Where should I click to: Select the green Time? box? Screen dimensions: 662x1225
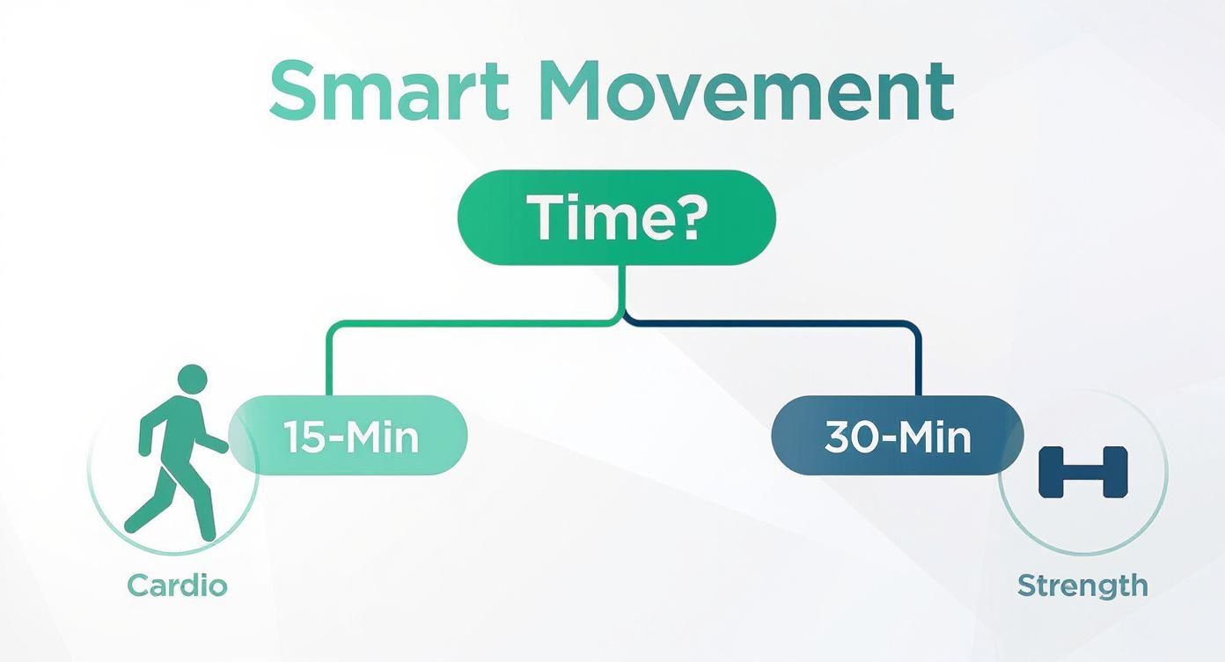point(616,217)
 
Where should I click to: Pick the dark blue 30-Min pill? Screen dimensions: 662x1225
point(897,436)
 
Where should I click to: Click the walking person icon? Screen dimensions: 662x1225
point(176,453)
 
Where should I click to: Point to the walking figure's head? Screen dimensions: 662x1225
point(192,379)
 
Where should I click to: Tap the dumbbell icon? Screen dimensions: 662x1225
point(1082,471)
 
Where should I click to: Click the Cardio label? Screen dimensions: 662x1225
point(177,585)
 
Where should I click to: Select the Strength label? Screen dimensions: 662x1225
point(1082,585)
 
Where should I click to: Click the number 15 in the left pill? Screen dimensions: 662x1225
point(302,437)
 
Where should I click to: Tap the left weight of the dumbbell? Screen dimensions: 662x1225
point(1050,471)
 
